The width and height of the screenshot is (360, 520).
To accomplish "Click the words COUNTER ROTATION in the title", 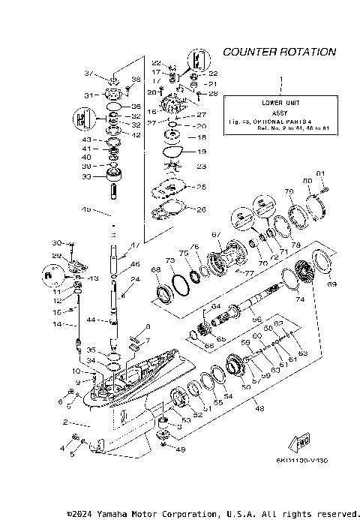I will [279, 52].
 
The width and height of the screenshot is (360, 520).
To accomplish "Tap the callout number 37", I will [88, 74].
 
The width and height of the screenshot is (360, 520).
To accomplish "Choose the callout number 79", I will [289, 191].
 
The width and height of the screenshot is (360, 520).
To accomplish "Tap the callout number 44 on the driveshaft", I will [89, 320].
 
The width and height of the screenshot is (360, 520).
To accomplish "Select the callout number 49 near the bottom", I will [179, 449].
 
